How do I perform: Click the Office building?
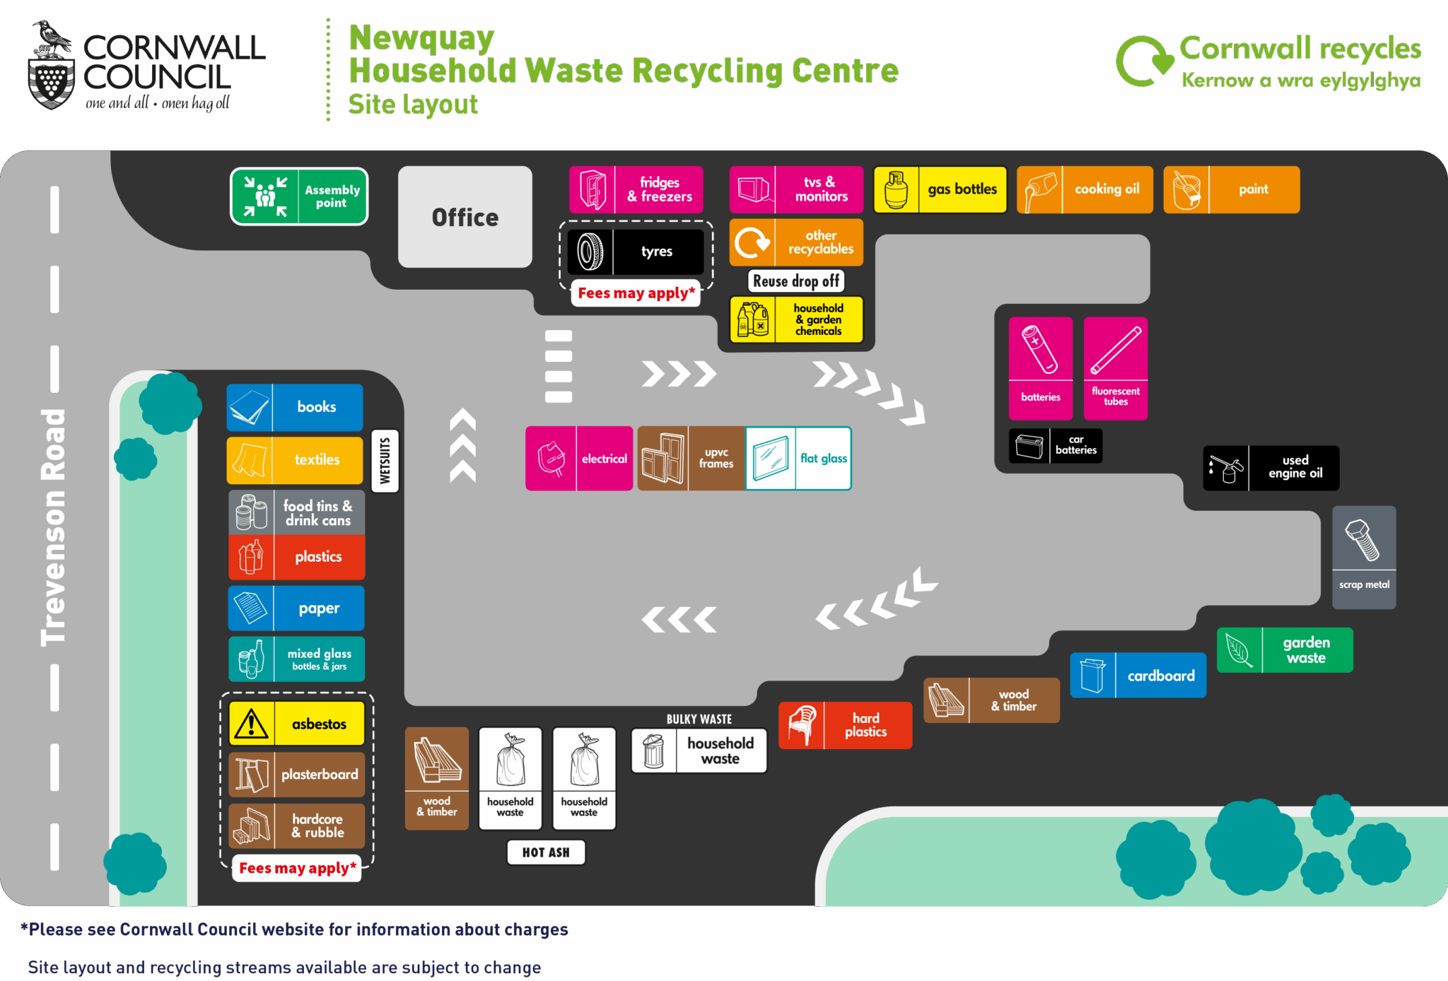pyautogui.click(x=465, y=216)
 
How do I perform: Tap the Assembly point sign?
pyautogui.click(x=299, y=196)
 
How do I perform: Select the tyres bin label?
pyautogui.click(x=636, y=252)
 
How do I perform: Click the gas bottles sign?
pyautogui.click(x=940, y=189)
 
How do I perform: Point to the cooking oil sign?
pyautogui.click(x=1085, y=189)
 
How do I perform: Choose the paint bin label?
pyautogui.click(x=1231, y=189)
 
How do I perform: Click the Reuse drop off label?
pyautogui.click(x=796, y=281)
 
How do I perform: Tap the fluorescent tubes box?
pyautogui.click(x=1115, y=368)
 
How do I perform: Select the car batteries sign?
pyautogui.click(x=1055, y=446)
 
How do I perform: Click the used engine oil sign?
pyautogui.click(x=1271, y=468)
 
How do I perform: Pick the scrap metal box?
pyautogui.click(x=1364, y=557)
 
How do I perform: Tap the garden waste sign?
pyautogui.click(x=1285, y=650)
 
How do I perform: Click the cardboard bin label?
pyautogui.click(x=1138, y=676)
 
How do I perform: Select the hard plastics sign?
pyautogui.click(x=845, y=725)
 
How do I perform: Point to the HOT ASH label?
pyautogui.click(x=546, y=852)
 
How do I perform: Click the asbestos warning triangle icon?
pyautogui.click(x=251, y=724)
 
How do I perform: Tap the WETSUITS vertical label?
pyautogui.click(x=385, y=461)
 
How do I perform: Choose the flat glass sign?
pyautogui.click(x=798, y=459)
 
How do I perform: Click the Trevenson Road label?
pyautogui.click(x=54, y=527)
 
